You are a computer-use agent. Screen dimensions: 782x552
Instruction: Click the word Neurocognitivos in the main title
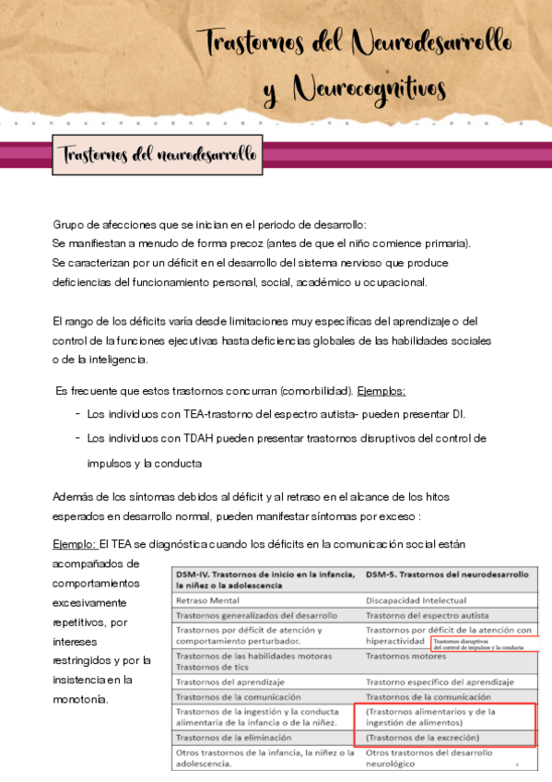point(369,89)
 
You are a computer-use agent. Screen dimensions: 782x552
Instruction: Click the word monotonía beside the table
point(83,699)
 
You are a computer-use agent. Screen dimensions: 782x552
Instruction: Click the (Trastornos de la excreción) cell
point(421,738)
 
